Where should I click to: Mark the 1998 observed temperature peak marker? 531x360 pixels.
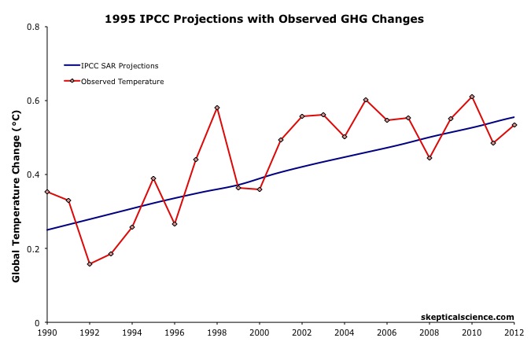[x=217, y=108]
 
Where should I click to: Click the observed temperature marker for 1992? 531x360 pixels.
[x=90, y=264]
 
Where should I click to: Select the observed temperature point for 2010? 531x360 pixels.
[x=472, y=97]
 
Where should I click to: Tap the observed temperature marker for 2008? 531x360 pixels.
[x=430, y=158]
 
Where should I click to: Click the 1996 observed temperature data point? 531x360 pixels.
[x=175, y=224]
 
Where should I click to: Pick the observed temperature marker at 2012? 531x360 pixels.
[x=514, y=125]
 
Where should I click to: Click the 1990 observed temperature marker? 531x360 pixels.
[x=47, y=192]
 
